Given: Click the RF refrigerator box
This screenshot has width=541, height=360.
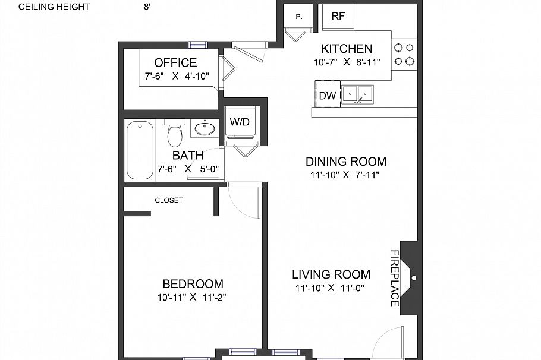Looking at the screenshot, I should [x=338, y=17].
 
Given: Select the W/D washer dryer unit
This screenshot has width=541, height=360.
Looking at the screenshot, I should [x=240, y=122].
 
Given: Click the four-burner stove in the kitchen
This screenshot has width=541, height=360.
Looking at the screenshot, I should [x=404, y=53].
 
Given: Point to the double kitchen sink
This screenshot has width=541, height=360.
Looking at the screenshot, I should [x=357, y=94].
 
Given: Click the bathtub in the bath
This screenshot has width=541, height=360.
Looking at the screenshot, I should [x=140, y=150].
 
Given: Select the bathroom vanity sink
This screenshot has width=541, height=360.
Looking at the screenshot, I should [x=205, y=128].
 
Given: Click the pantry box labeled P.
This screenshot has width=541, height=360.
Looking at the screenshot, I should [x=298, y=17].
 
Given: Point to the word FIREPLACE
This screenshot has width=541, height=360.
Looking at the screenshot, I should [x=394, y=277].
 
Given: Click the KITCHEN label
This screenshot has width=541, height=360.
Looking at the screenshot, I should [x=347, y=49].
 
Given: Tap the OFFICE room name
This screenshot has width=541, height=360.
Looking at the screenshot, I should [x=175, y=63].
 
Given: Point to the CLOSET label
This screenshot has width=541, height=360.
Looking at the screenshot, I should [x=169, y=200].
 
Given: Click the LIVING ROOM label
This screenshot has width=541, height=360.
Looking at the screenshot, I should [x=331, y=274].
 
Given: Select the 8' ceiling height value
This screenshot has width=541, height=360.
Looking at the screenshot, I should [x=147, y=7].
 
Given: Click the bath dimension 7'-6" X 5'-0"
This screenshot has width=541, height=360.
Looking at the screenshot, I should [x=188, y=169].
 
